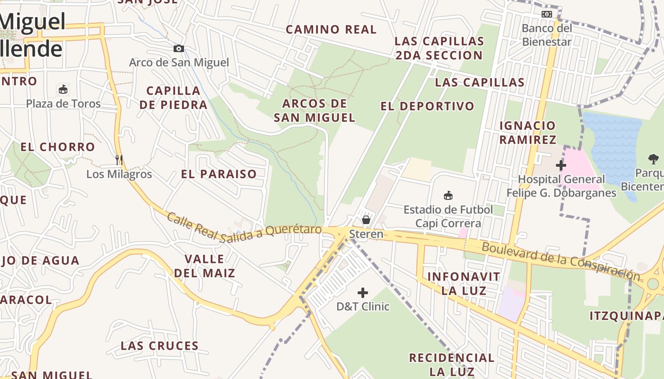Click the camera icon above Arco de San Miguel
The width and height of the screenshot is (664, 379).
[x=179, y=49]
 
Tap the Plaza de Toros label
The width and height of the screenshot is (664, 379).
[x=64, y=104]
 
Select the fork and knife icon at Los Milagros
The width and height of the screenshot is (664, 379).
[x=119, y=160]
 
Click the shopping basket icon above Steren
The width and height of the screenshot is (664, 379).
[x=366, y=219]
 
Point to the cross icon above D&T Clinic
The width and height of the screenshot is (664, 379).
[x=363, y=293]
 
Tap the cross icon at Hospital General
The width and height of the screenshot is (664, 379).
[x=561, y=165]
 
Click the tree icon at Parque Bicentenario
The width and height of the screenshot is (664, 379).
[x=653, y=159]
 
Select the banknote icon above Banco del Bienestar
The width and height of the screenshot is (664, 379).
[x=547, y=14]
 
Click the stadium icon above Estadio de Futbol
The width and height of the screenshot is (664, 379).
[x=448, y=195]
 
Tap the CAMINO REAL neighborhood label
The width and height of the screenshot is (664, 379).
[x=331, y=29]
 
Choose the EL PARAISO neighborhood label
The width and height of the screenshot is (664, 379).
[x=219, y=174]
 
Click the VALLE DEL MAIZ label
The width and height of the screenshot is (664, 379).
[x=204, y=266]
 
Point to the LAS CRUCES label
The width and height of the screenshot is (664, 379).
[x=159, y=345]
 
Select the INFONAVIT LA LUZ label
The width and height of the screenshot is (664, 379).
[x=464, y=283]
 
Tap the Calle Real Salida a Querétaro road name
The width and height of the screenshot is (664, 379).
[x=244, y=228]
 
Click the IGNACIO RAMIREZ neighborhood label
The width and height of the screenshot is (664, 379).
[x=527, y=132]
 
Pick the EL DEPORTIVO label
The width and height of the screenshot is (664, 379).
[x=427, y=106]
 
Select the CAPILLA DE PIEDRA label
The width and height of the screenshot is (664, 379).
[x=174, y=98]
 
